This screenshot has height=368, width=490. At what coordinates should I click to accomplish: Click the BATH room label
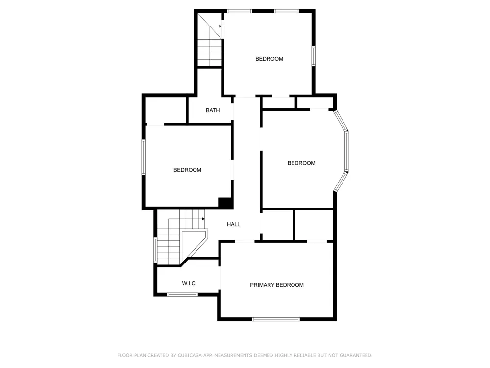[x=213, y=110]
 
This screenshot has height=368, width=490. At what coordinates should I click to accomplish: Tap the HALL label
[x=233, y=224]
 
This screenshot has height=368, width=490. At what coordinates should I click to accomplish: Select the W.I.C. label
[x=189, y=283]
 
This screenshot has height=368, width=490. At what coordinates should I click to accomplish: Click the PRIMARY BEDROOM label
[x=276, y=285]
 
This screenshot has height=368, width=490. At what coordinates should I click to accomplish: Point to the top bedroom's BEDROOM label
[x=269, y=59]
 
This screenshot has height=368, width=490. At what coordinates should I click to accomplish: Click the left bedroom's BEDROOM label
[x=187, y=170]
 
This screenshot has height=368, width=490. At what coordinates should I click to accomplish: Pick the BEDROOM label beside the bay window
[x=301, y=163]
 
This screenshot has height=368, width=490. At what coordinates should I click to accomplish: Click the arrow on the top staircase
[x=220, y=26]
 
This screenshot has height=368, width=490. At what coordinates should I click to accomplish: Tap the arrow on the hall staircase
[x=203, y=219]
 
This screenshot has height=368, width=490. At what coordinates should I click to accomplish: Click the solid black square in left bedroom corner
[x=225, y=203]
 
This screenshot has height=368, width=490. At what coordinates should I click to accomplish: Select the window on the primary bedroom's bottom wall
[x=276, y=319]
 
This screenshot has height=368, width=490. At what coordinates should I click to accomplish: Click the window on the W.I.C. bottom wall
[x=182, y=294]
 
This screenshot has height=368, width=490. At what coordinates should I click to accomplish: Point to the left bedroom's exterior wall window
[x=144, y=157]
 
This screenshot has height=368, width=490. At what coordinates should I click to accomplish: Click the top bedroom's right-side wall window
[x=314, y=56]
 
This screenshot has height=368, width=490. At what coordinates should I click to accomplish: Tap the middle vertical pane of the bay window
[x=346, y=152]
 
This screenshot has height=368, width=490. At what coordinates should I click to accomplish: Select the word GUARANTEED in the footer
[x=356, y=355]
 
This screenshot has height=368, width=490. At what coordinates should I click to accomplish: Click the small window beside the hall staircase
[x=155, y=250]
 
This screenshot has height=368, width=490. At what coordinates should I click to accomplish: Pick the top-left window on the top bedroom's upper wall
[x=240, y=11]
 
